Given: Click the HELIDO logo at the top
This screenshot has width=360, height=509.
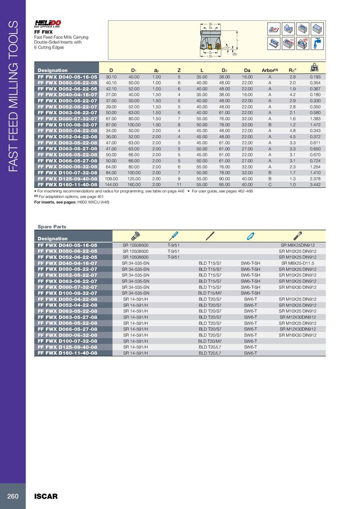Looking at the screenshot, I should [x=48, y=23].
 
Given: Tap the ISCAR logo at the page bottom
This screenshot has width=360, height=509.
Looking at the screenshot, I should [x=46, y=496].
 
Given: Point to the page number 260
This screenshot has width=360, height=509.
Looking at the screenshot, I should [x=13, y=496].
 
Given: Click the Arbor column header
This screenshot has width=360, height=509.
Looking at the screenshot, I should [x=270, y=70].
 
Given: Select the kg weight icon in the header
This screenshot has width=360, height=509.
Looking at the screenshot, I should [x=315, y=68].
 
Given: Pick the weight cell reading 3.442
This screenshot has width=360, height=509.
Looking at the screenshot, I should [x=315, y=184].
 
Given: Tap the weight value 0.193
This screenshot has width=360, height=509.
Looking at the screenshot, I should [x=315, y=77].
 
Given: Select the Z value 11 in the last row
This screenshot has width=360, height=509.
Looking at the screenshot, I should [x=179, y=184].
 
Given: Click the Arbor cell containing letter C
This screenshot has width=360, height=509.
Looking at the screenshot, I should [x=270, y=184].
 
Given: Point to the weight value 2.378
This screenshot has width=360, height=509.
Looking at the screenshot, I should [x=315, y=179].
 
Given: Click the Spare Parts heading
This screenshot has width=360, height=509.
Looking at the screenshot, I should [x=52, y=227].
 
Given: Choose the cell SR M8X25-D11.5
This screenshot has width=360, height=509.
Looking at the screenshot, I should [x=297, y=263].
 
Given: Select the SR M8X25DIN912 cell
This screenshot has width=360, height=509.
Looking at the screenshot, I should [x=297, y=245].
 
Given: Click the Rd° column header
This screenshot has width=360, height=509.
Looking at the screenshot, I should [x=292, y=70].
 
